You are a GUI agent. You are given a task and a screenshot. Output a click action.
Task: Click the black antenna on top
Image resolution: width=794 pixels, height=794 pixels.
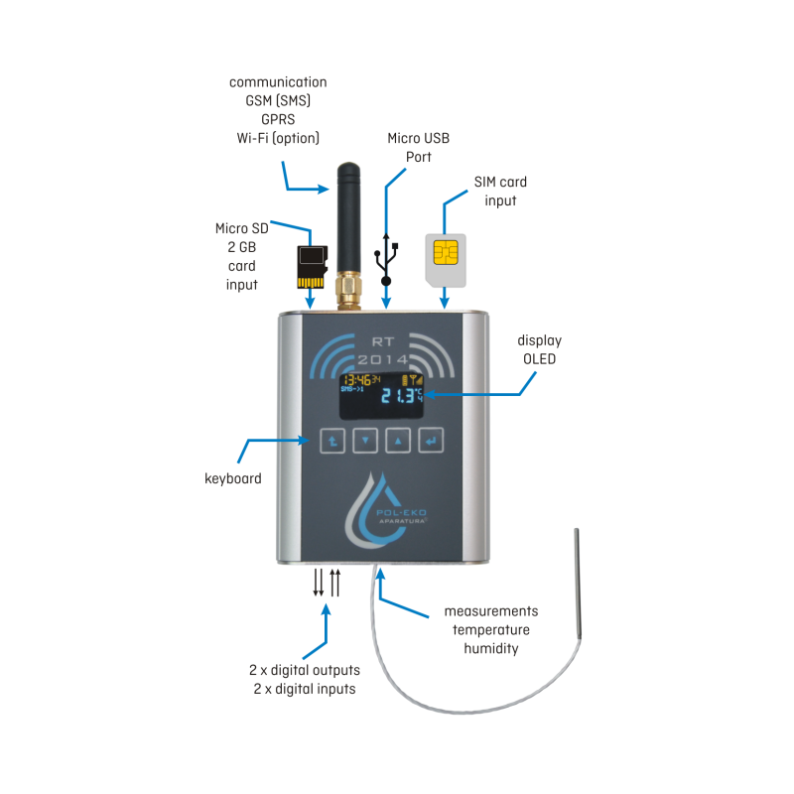tap(347, 213)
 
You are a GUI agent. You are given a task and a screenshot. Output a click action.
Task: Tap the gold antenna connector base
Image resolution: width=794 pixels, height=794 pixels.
tap(347, 292)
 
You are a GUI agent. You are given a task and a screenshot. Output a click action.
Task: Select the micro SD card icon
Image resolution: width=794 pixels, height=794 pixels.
tap(312, 265)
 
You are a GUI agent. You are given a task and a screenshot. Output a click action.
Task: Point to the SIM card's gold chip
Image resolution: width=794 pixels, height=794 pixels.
tap(446, 254)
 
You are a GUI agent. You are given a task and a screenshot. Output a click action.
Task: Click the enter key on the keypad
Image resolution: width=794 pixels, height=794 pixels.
tap(432, 440)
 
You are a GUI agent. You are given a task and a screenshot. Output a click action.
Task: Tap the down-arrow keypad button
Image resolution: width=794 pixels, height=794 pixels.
tap(366, 440)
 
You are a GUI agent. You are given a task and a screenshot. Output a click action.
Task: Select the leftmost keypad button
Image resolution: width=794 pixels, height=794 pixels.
tap(332, 440)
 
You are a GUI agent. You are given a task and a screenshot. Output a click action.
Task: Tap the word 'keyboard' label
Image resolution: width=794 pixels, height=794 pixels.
tap(233, 478)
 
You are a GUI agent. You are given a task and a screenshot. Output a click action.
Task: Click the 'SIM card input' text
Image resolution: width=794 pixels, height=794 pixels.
tap(500, 192)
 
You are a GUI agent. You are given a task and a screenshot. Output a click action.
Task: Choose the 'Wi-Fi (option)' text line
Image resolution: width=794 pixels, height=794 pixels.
tap(278, 137)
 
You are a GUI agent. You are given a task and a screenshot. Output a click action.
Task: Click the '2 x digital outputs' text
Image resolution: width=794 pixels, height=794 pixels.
tap(304, 670)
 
